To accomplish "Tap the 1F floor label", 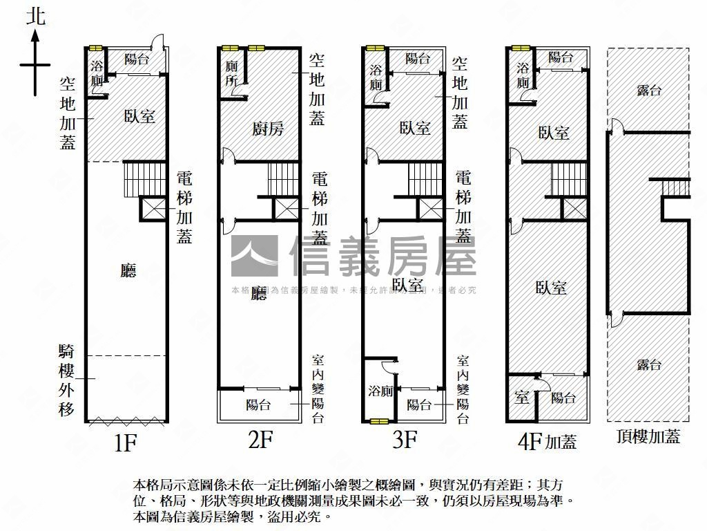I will point(126,442).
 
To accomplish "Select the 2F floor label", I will point(260,439).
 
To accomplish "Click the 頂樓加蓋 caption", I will point(648,437).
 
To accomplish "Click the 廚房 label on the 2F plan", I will point(267,129).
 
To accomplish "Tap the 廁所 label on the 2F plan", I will point(231,74).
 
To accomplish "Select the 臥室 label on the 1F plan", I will point(139,115).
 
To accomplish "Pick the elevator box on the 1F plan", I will point(153,209).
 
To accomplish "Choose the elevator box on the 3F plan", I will point(432,209).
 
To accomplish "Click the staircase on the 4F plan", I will point(569,179).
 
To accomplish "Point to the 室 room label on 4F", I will point(522,398).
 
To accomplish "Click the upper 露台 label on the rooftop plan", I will point(648,90).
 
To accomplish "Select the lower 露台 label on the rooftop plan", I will point(648,365).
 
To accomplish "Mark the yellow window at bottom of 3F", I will point(379,420).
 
